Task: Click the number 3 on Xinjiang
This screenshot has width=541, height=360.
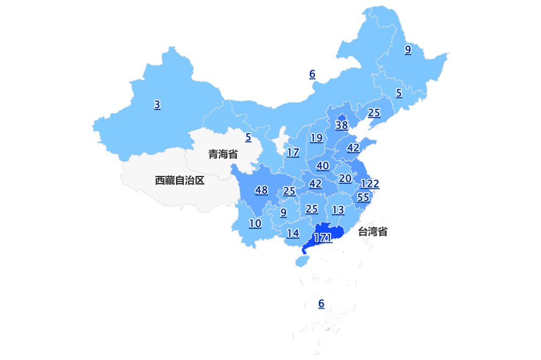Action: [157, 105]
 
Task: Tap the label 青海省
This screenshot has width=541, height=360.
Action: [223, 155]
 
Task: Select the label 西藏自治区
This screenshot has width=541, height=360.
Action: [180, 181]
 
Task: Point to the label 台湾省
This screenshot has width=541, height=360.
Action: [373, 232]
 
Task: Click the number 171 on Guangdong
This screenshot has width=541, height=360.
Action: [322, 237]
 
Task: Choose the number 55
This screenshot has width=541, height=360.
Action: [363, 197]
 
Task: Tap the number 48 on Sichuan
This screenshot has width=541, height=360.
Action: [261, 190]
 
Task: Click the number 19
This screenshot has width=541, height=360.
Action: [316, 138]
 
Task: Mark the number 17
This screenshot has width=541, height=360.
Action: [293, 152]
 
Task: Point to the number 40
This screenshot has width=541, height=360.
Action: [322, 165]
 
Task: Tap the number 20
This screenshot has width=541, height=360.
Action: [345, 178]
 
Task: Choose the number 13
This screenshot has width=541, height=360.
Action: [338, 210]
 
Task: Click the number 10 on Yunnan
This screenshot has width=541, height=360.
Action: [255, 223]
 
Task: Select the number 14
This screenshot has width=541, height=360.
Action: [293, 234]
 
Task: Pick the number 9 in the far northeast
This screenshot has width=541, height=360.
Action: [407, 50]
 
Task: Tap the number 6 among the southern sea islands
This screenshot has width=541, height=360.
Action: [321, 304]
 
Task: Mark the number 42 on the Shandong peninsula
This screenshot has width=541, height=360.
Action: [353, 148]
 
